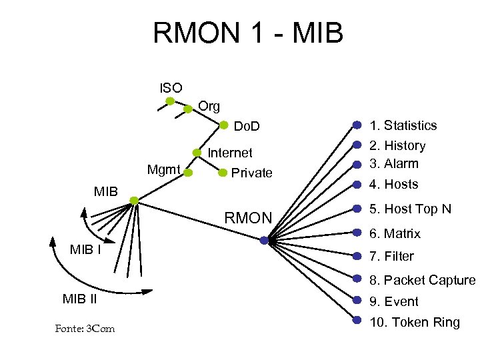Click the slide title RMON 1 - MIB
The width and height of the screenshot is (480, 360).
click(247, 33)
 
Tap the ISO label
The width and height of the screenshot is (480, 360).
click(171, 87)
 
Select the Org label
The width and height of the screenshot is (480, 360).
click(209, 106)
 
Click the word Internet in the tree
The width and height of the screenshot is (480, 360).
click(230, 153)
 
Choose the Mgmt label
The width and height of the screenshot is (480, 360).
click(163, 170)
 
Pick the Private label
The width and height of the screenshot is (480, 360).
click(251, 173)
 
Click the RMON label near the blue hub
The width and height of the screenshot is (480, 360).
click(248, 218)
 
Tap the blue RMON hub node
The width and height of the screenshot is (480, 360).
click(264, 241)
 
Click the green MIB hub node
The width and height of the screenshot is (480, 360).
click(134, 201)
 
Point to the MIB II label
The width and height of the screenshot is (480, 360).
click(80, 299)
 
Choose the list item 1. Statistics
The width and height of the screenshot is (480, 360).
click(403, 125)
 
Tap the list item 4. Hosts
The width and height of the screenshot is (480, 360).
click(394, 184)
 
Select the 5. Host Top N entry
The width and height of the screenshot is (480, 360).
click(411, 209)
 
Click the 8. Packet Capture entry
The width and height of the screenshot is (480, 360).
click(423, 280)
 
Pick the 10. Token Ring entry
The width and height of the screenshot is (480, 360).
click(415, 323)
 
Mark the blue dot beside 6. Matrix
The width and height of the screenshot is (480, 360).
click(357, 233)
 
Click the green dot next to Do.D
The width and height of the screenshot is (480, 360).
click(224, 124)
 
